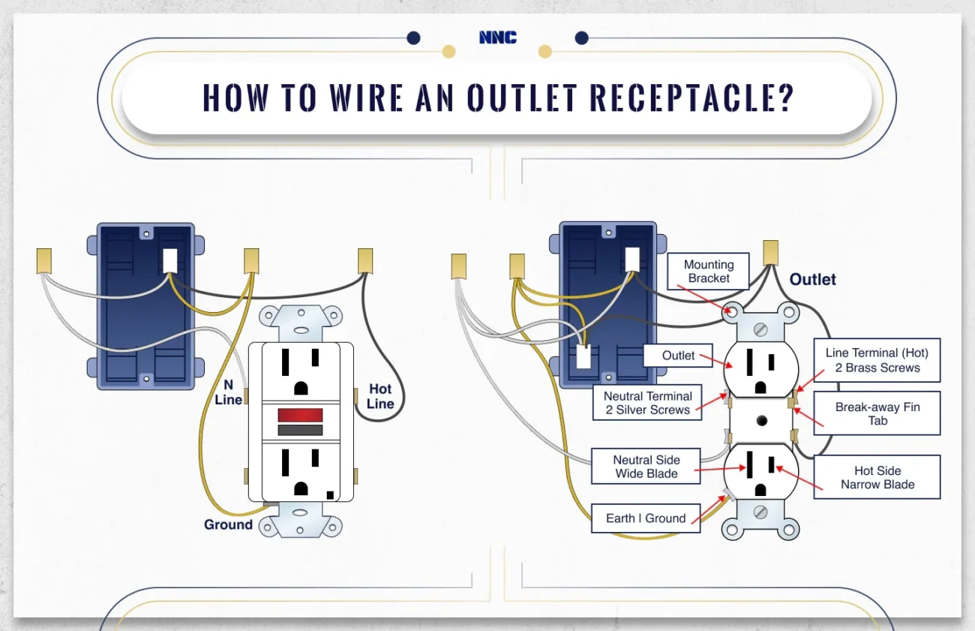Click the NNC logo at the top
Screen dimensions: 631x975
coord(497,37)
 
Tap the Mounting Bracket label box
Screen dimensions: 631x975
coord(708,272)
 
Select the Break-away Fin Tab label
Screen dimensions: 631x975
coord(877,413)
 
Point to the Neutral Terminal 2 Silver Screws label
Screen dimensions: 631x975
coord(647,403)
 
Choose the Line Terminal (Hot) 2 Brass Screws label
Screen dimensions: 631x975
coord(877,360)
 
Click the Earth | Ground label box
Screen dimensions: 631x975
coord(645,518)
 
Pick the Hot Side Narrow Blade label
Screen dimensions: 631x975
coord(877,477)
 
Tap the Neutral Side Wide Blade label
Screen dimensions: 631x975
coord(646,467)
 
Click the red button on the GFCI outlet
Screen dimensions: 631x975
coord(300,415)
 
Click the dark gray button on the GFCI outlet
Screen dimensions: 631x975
coord(300,430)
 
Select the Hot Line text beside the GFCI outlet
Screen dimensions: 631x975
coord(380,396)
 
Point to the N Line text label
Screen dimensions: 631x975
coord(228,392)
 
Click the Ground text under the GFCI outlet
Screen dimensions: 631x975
coord(228,524)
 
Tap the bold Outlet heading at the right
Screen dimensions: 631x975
coord(812,279)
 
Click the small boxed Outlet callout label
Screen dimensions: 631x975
coord(678,356)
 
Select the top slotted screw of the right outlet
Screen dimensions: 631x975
coord(760,328)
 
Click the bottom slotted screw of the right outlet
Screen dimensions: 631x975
coord(760,512)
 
